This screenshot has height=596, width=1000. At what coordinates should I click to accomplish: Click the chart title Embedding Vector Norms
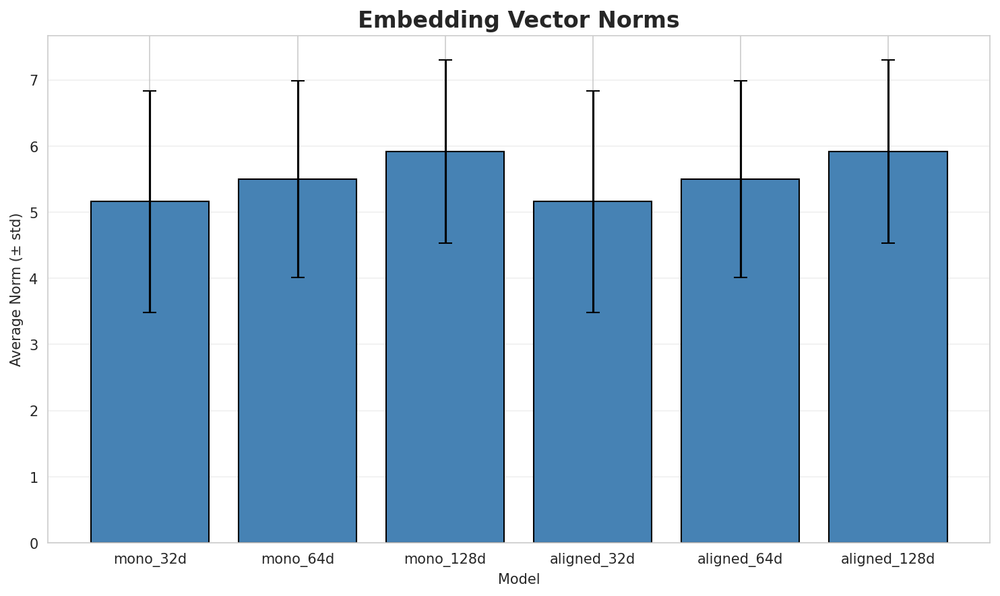point(518,20)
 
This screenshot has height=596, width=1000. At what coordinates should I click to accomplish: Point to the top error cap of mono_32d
point(150,91)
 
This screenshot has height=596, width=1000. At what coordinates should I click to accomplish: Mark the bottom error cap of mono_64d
point(297,277)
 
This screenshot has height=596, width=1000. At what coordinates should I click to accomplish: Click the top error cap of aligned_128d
point(887,60)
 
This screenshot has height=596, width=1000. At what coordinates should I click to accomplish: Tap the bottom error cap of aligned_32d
point(592,312)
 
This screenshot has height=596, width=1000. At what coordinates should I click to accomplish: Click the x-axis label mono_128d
point(445,559)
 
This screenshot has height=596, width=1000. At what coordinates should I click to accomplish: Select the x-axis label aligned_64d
point(740,559)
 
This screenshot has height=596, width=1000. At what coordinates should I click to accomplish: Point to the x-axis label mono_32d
point(150,559)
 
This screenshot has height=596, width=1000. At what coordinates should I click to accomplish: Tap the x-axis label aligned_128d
point(887,559)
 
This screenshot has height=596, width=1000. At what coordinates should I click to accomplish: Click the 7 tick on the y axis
point(34,80)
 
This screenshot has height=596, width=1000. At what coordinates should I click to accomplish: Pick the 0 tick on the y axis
point(34,543)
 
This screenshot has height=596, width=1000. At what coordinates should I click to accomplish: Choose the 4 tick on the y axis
point(34,279)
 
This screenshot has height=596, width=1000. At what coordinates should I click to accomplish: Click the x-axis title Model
point(518,579)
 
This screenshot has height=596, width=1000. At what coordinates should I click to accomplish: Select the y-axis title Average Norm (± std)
point(16,290)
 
